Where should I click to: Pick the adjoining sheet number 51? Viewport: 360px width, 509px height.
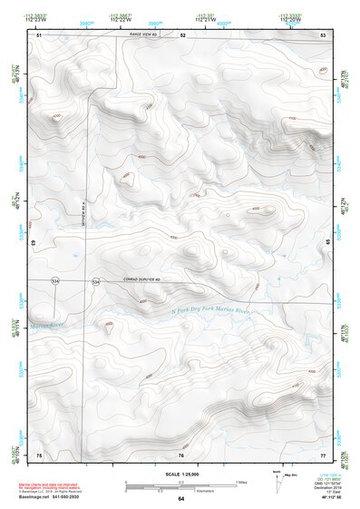39,34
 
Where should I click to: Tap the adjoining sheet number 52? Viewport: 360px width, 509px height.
182,34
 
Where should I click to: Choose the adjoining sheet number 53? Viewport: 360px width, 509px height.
323,34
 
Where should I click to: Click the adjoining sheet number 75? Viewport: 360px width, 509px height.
39,454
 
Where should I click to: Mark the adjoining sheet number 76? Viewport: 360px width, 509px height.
181,454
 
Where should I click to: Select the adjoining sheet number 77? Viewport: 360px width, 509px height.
323,454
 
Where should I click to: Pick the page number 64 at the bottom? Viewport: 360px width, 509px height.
180,499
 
